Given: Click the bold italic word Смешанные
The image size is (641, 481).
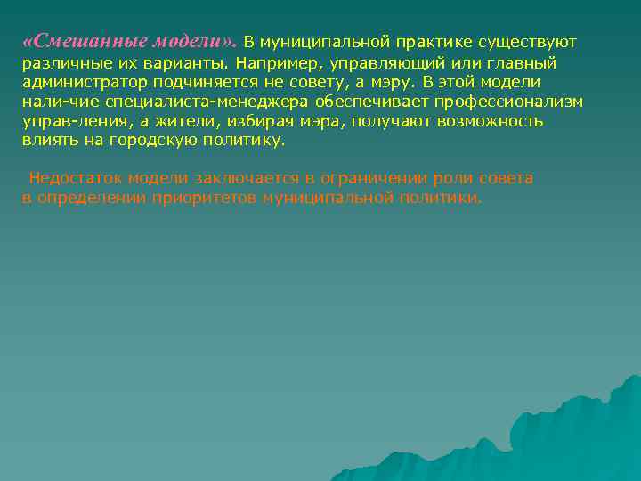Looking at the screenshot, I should coord(75,42).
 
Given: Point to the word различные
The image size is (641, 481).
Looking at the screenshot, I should coord(60,62).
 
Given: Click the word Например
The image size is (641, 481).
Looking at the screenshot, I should coord(276,62).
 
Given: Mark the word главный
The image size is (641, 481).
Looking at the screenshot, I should coord(523,62).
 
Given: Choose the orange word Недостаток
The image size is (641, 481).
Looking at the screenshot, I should coord(70,178).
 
